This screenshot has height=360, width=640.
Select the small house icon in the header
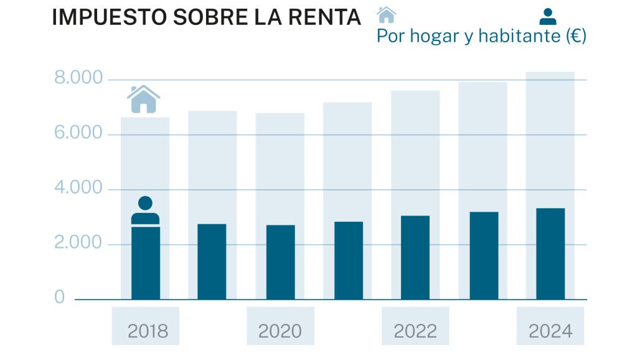[387, 14]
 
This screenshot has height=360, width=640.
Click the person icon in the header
[548, 16]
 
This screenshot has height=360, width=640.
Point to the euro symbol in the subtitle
[575, 36]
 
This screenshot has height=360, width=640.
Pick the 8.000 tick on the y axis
[78, 78]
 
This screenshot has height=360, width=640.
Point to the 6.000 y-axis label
[78, 133]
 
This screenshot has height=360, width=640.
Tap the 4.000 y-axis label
[78, 188]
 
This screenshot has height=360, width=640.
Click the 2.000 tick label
[78, 243]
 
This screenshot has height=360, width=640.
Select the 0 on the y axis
[60, 298]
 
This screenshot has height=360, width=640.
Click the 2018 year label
[148, 331]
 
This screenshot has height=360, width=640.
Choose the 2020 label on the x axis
[280, 331]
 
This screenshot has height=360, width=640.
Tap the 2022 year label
[415, 331]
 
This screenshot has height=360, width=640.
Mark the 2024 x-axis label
[550, 331]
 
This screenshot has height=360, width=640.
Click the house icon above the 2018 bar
[144, 99]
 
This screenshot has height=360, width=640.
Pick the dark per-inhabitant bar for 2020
[280, 262]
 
